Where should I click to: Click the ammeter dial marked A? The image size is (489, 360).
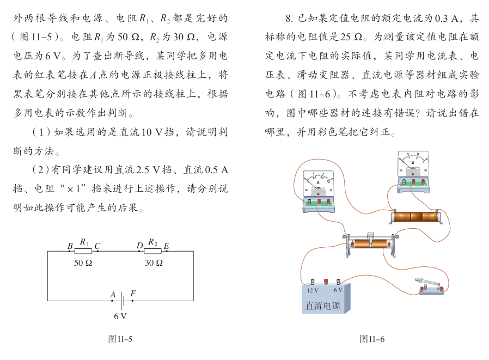click(x=318, y=179)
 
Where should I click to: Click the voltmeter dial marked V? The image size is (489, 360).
click(x=412, y=162)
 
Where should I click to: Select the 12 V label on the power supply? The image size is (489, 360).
click(x=313, y=291)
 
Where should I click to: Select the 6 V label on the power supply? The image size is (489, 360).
click(x=338, y=291)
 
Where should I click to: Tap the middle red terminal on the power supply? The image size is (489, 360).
click(x=326, y=282)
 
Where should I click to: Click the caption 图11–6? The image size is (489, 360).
click(x=372, y=339)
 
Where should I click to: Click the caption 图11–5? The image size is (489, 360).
click(x=120, y=339)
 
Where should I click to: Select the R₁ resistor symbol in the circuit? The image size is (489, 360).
click(x=83, y=251)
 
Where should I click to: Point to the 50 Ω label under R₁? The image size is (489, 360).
click(x=83, y=263)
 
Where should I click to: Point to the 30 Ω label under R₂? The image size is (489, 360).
click(x=154, y=263)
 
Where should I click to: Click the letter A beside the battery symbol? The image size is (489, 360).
click(x=113, y=295)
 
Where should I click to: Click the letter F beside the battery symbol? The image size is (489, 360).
click(x=133, y=294)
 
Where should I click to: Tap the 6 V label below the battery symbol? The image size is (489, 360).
click(x=120, y=316)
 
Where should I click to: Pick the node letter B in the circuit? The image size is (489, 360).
click(x=70, y=247)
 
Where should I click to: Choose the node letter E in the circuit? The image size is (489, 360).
click(x=166, y=247)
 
